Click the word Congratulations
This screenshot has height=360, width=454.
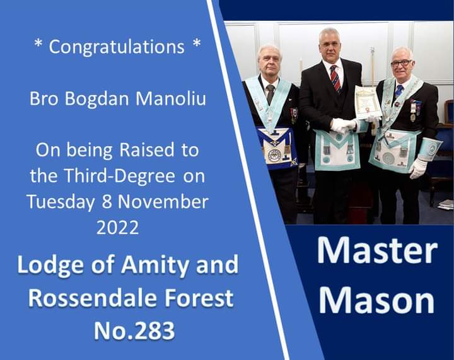(117, 47)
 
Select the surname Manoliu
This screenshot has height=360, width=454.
(171, 98)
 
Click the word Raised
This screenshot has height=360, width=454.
(147, 150)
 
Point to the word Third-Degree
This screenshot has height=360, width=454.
(120, 177)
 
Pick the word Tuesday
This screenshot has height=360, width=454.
(61, 202)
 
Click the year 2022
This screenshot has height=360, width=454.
(117, 228)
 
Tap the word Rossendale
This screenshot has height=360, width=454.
(94, 298)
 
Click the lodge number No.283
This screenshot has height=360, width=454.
(134, 330)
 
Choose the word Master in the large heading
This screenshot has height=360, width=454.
(377, 250)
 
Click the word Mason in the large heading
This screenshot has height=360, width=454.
(376, 299)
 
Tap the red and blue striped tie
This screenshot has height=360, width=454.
(335, 78)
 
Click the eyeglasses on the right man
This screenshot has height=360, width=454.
(401, 64)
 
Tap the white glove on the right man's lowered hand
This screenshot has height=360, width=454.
(418, 168)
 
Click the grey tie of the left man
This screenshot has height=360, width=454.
(271, 94)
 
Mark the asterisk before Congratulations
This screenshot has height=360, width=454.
(38, 44)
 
